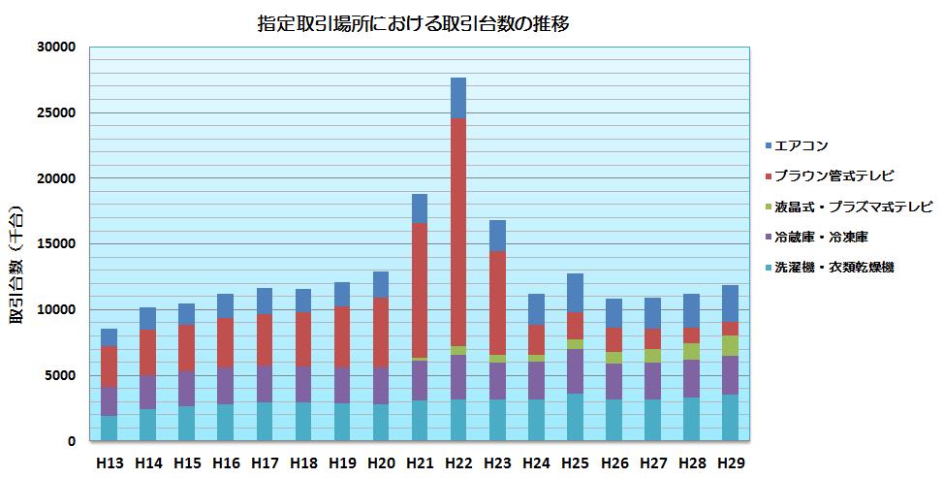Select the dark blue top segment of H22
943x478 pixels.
click(458, 98)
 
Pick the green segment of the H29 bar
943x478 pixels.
click(731, 345)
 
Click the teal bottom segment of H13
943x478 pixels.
click(109, 428)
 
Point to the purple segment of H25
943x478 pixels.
click(576, 371)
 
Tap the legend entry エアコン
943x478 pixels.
click(807, 145)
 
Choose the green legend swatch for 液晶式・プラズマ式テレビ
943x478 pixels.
click(768, 207)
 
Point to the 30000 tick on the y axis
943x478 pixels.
click(54, 48)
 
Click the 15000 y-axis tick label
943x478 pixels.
click(54, 244)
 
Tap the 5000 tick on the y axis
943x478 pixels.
click(58, 375)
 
